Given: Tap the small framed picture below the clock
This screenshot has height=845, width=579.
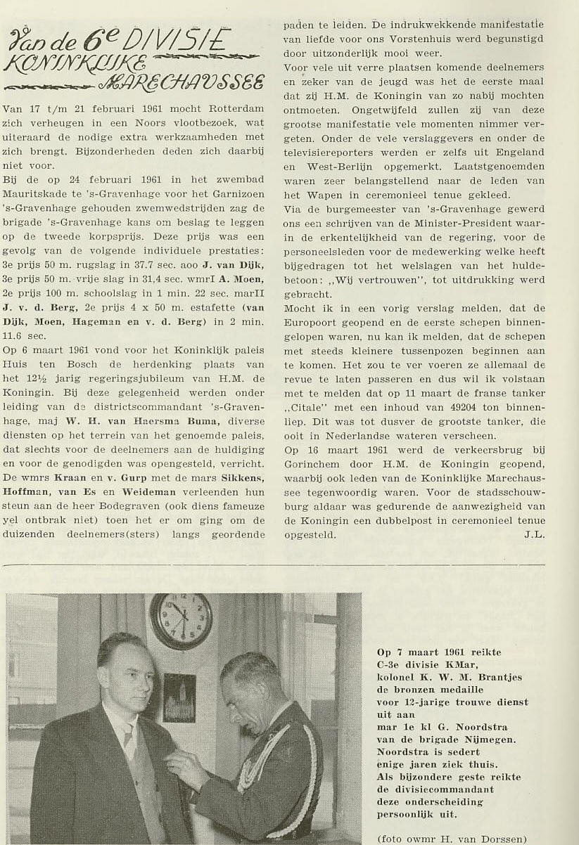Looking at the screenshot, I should tap(179, 697).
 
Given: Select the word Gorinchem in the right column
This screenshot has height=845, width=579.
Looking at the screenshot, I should tap(311, 464).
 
